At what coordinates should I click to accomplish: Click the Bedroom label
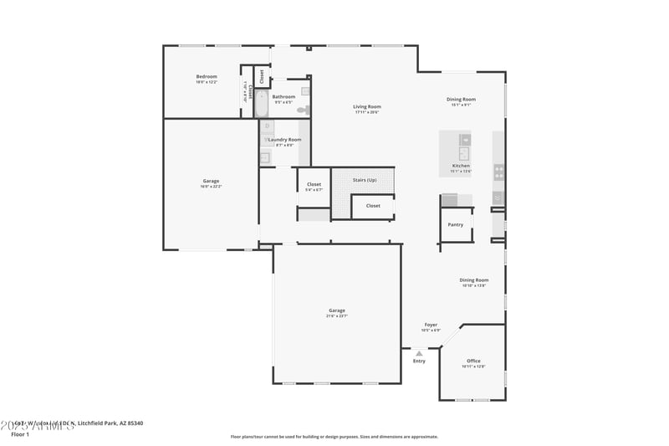[x=206, y=77]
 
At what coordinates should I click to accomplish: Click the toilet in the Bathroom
[x=303, y=110]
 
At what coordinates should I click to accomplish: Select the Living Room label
[x=366, y=106]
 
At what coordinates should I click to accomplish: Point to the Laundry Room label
[x=284, y=140]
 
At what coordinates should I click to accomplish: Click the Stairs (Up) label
[x=365, y=180]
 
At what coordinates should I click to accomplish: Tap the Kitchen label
[x=461, y=166]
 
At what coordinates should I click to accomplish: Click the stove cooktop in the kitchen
[x=499, y=172]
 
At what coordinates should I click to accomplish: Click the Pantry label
[x=455, y=224]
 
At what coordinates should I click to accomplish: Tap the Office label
[x=473, y=361]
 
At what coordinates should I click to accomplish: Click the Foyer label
[x=431, y=325]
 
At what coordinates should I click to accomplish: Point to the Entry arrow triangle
[x=419, y=353]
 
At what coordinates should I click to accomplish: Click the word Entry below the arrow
[x=419, y=361]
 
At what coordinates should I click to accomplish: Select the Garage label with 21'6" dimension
[x=336, y=310]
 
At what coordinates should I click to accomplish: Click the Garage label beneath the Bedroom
[x=211, y=181]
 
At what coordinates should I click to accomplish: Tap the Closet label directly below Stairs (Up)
[x=373, y=205]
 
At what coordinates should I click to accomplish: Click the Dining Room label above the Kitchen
[x=461, y=100]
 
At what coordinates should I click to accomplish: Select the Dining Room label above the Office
[x=473, y=279]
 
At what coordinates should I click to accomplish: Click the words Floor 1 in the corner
[x=19, y=434]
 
